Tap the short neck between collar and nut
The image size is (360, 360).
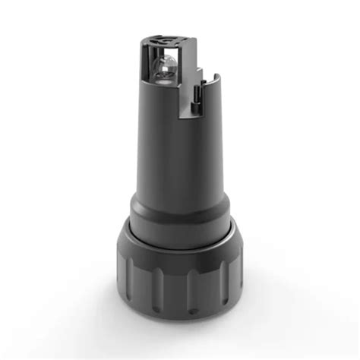178,232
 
